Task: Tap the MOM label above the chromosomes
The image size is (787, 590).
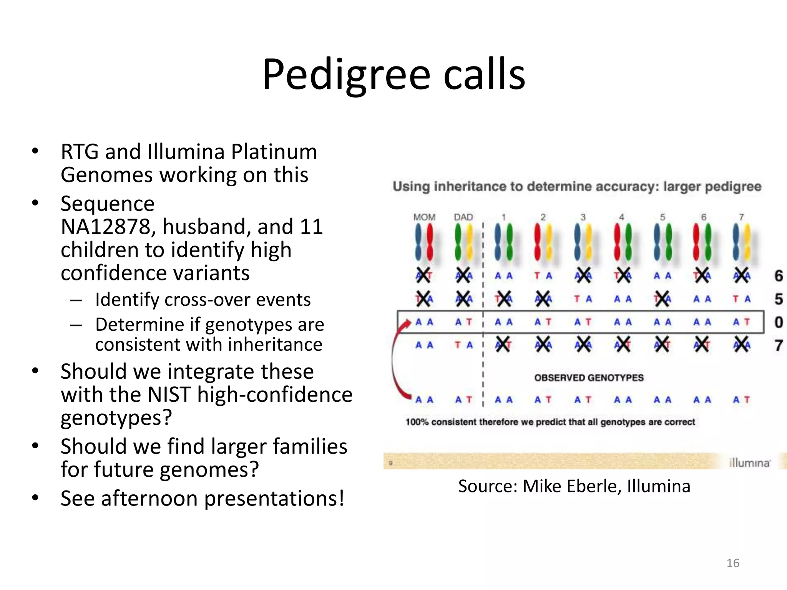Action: point(424,217)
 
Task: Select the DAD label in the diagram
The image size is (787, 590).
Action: point(463,217)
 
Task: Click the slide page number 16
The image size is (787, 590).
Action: point(733,563)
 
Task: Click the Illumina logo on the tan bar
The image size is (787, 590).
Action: point(749,463)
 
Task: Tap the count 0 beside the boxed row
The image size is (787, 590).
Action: point(779,322)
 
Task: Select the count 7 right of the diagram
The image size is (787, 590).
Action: point(779,345)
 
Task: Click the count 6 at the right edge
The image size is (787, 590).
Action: point(779,276)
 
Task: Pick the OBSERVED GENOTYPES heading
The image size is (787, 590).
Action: point(589,378)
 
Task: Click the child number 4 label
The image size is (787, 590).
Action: point(622,217)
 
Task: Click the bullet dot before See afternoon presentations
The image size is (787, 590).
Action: point(35,498)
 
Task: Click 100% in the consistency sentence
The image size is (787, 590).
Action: point(417,422)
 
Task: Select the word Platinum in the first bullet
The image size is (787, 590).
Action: point(274,152)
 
